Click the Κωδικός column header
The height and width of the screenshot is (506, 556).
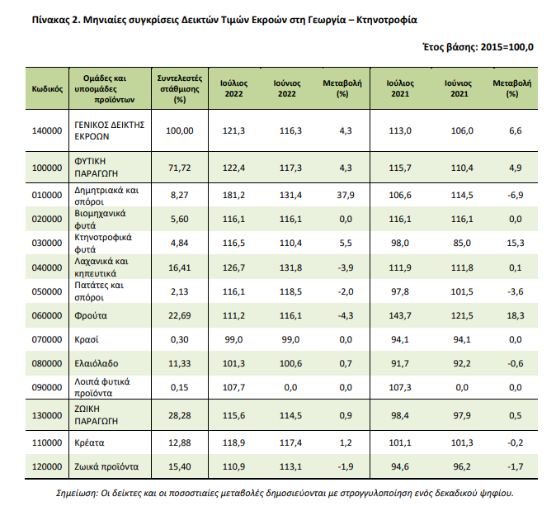47,88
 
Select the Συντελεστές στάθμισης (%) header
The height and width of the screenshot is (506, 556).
180,88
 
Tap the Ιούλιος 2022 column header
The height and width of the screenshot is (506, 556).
233,88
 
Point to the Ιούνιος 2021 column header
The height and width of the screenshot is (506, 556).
459,88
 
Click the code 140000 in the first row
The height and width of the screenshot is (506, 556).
47,131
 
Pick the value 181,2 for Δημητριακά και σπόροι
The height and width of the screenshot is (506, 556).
233,195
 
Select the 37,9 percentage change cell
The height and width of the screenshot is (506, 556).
346,195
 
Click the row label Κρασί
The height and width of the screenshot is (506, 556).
87,339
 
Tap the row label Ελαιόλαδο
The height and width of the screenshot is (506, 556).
96,363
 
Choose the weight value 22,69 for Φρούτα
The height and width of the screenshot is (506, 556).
180,315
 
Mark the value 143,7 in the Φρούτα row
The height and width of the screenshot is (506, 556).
400,315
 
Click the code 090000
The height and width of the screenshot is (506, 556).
47,387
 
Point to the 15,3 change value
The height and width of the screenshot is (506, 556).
516,243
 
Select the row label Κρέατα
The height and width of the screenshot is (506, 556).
89,442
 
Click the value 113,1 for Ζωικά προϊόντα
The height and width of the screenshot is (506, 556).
290,466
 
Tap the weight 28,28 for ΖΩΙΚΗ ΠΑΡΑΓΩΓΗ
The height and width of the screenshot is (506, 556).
180,415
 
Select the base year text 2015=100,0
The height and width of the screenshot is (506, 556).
507,47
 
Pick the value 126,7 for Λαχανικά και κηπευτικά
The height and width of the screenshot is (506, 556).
233,267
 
